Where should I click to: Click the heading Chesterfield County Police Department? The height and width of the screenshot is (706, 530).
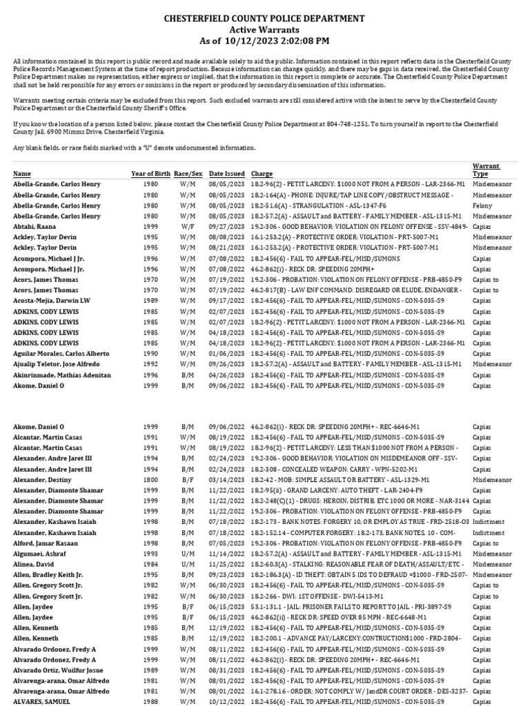[x=264, y=18]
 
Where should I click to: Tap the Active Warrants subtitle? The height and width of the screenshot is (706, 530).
[x=264, y=30]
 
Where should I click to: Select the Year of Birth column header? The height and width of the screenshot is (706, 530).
[x=150, y=174]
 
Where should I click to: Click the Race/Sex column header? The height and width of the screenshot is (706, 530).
[x=188, y=174]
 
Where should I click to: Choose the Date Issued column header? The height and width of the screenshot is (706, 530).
[x=227, y=174]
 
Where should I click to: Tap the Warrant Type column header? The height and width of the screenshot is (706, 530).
[x=486, y=170]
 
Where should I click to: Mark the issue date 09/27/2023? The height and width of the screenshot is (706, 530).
[x=227, y=227]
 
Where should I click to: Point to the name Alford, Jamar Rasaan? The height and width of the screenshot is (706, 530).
[x=46, y=543]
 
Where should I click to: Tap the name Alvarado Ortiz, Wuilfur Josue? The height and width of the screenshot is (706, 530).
[x=57, y=669]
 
